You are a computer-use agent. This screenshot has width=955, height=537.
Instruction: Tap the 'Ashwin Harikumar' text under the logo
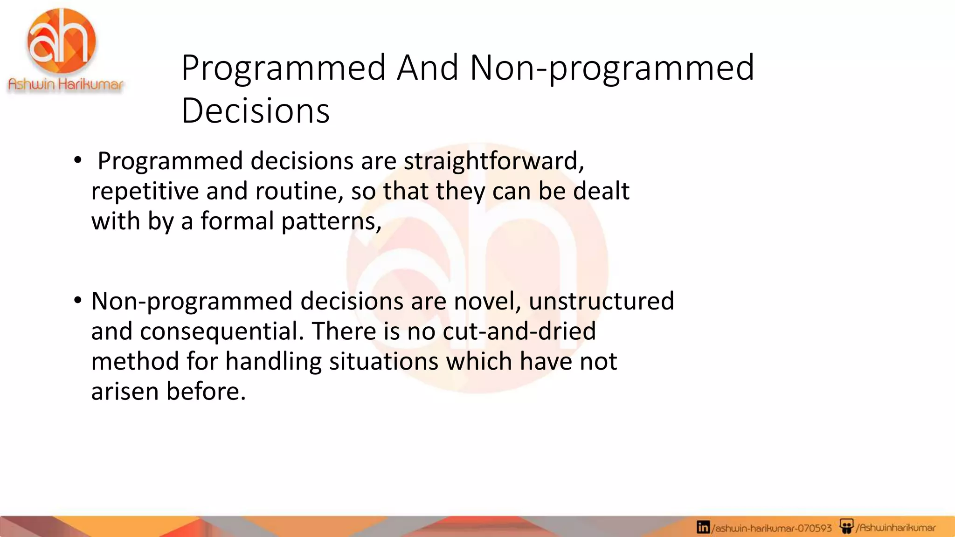point(66,84)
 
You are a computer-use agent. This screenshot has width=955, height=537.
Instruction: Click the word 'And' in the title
point(428,68)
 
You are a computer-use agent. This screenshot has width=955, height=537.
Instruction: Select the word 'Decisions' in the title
point(256,111)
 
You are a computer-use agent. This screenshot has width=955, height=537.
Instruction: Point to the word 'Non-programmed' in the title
point(612,68)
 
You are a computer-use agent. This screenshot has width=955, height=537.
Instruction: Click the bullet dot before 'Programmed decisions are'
point(77,160)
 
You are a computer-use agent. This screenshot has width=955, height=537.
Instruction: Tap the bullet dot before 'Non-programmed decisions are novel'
point(77,300)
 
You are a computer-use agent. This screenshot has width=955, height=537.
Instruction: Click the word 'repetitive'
point(145,191)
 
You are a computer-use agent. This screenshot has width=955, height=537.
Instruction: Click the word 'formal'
point(237,221)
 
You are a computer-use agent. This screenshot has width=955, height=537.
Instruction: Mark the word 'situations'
point(383,362)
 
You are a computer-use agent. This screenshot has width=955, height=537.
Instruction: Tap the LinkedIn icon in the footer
point(703,527)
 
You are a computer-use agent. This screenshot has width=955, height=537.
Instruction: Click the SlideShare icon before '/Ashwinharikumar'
point(846,527)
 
